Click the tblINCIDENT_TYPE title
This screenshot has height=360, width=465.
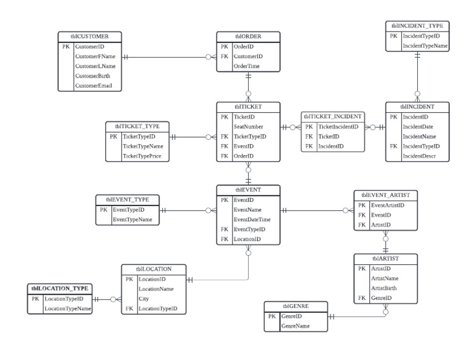tap(418, 26)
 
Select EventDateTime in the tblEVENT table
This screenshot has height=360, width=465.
tap(256, 219)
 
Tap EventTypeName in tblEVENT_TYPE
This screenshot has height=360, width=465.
tap(132, 219)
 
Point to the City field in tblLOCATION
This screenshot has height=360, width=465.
tap(143, 299)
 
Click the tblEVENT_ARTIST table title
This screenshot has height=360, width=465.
tap(385, 195)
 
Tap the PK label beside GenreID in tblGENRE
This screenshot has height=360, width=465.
tap(272, 316)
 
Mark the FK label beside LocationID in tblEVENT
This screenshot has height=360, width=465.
tap(225, 239)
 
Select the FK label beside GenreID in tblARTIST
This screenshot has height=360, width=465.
tap(362, 298)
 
